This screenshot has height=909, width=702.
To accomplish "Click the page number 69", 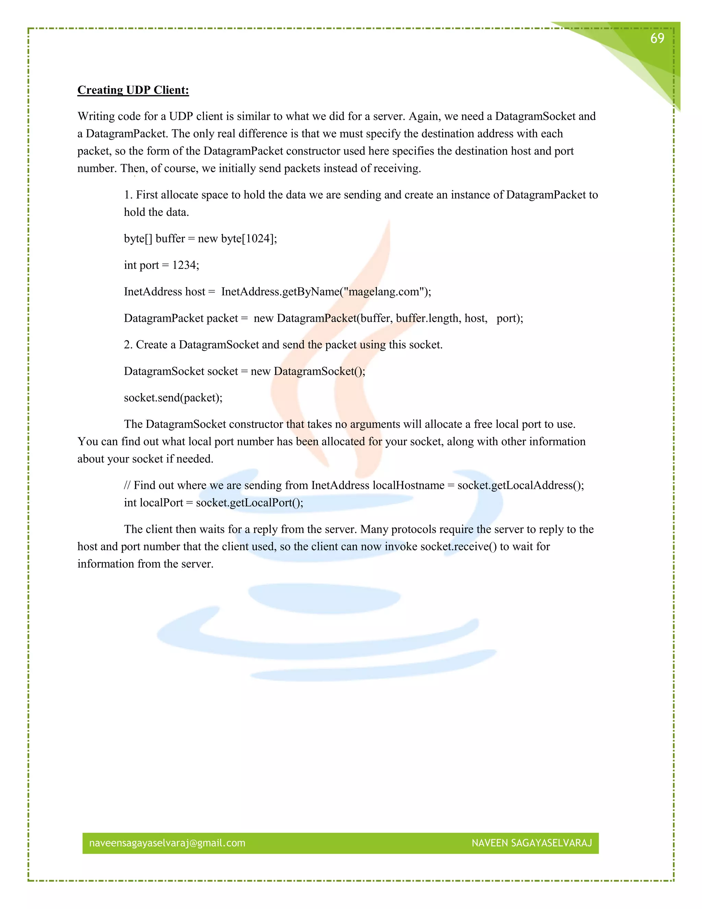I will tap(657, 38).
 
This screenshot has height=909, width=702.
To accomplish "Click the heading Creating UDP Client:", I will tap(133, 90).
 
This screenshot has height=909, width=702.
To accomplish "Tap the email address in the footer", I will tap(167, 843).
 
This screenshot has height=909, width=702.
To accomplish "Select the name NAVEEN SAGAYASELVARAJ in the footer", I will tap(532, 843).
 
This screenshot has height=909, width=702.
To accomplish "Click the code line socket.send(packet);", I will tap(173, 398).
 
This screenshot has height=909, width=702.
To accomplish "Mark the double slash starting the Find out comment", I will tap(127, 485).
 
